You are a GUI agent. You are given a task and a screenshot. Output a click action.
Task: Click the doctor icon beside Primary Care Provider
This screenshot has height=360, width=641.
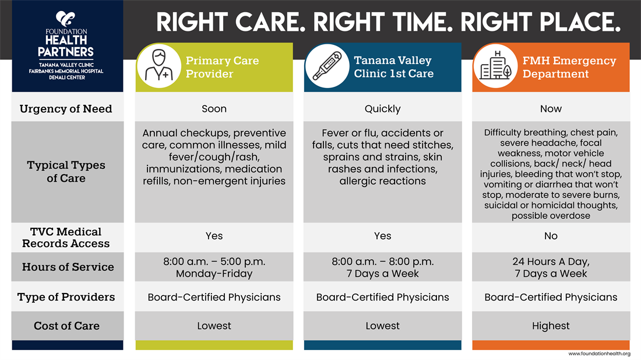click(159, 66)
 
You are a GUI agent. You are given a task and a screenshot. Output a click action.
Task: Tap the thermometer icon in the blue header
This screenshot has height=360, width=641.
click(327, 66)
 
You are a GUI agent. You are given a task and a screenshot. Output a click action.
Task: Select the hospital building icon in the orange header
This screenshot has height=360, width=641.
click(495, 66)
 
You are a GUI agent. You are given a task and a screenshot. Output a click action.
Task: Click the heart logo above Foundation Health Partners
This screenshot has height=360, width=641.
click(65, 19)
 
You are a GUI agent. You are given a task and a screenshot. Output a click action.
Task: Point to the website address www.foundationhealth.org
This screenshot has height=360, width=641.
click(599, 354)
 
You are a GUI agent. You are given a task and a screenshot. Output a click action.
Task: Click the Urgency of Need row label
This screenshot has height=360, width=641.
click(66, 109)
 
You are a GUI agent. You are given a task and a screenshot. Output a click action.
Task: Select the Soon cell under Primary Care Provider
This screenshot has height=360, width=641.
click(214, 109)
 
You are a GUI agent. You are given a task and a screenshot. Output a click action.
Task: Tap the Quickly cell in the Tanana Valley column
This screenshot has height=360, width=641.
click(383, 109)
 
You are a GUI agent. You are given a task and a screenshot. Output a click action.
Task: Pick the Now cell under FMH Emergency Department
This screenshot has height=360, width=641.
click(551, 109)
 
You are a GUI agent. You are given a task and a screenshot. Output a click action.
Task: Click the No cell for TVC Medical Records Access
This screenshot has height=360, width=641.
click(551, 236)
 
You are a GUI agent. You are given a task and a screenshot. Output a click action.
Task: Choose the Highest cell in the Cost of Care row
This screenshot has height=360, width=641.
click(551, 326)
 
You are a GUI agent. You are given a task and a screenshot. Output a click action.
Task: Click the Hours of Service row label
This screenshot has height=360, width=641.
click(68, 267)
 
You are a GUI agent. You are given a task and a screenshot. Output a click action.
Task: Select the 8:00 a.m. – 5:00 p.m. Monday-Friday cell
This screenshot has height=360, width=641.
click(214, 267)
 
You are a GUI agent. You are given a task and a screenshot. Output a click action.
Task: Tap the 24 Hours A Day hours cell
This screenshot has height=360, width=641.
click(551, 267)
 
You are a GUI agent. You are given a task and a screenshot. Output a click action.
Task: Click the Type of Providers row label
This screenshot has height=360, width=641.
click(66, 297)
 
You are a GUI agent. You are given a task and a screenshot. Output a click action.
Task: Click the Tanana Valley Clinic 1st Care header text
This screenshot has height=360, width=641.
click(394, 67)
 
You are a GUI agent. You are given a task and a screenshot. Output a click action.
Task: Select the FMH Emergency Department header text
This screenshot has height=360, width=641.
click(569, 67)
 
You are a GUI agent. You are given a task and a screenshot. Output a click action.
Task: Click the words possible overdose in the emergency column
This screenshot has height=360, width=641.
click(551, 216)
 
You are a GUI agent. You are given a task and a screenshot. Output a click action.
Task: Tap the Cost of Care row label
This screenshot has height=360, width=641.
click(66, 326)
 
